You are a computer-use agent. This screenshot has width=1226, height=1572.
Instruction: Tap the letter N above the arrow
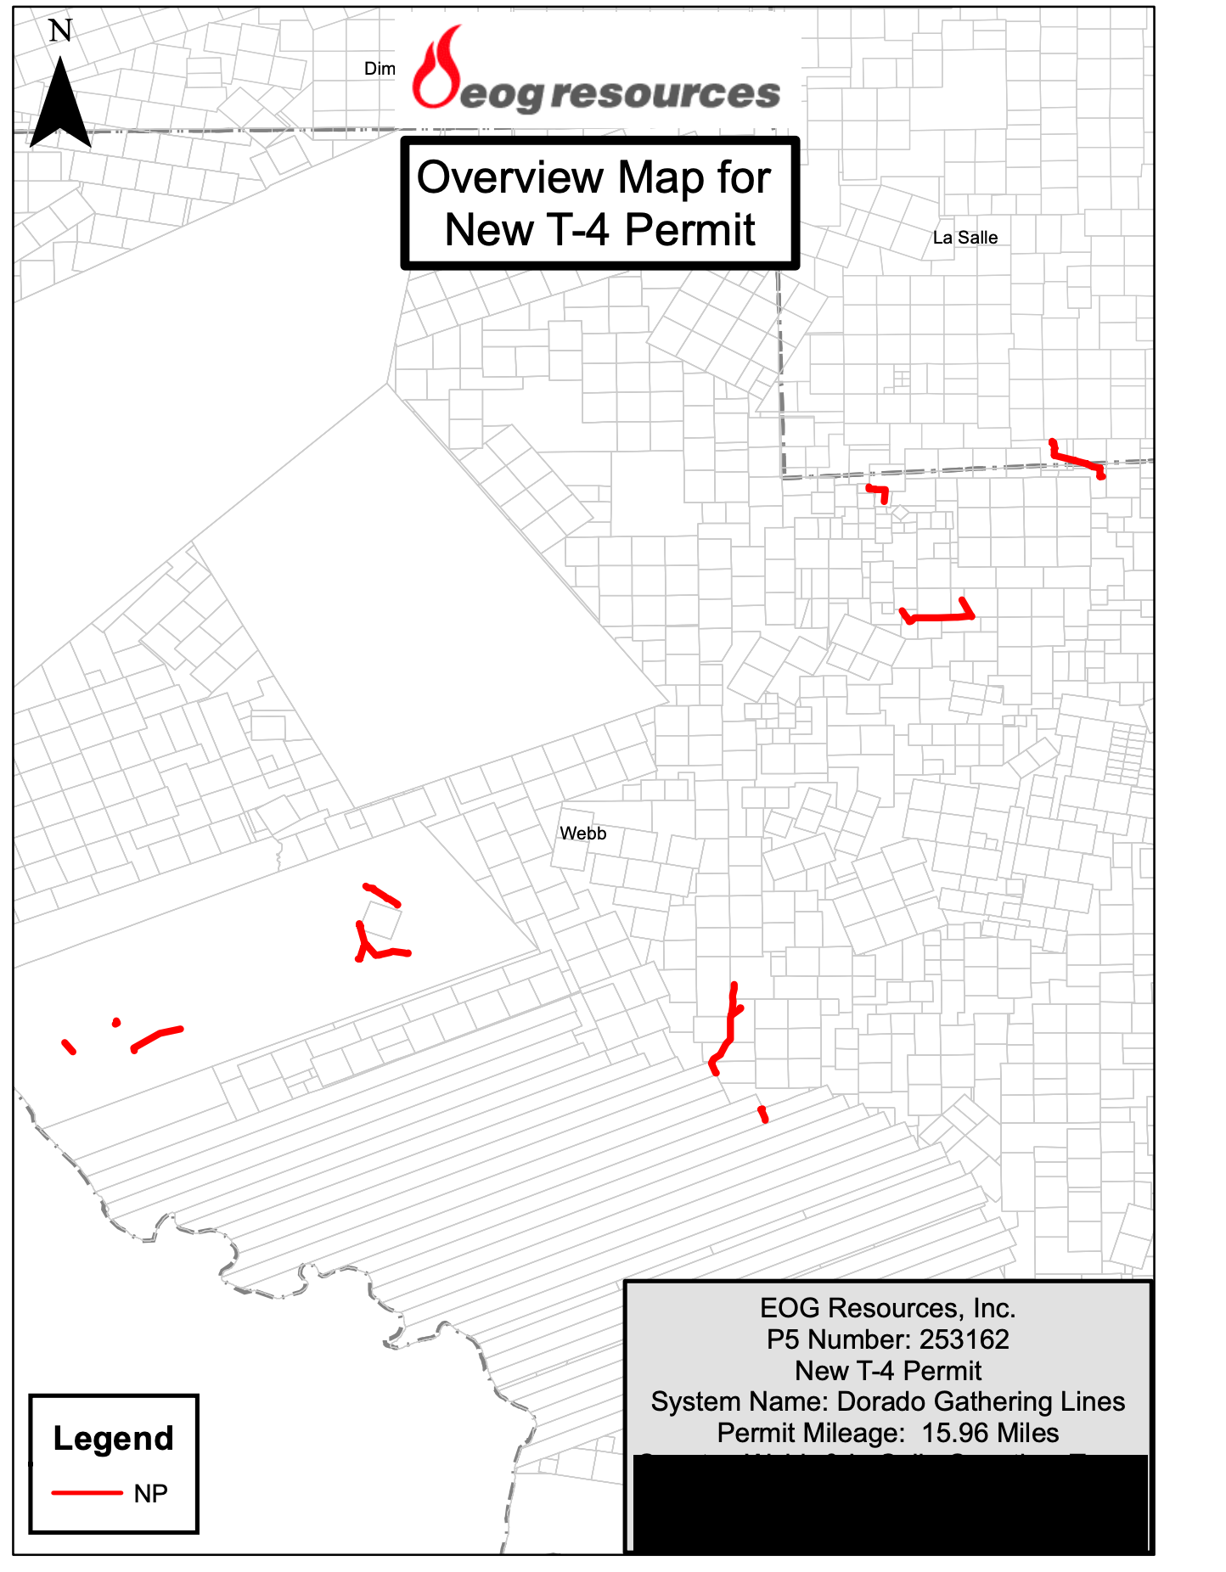click(x=60, y=31)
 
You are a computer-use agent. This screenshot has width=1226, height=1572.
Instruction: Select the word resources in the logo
click(x=665, y=93)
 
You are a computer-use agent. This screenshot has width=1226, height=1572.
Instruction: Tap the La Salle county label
click(x=964, y=238)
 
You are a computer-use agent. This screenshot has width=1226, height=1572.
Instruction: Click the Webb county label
click(x=582, y=834)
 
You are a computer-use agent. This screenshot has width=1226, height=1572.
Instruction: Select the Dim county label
click(x=380, y=69)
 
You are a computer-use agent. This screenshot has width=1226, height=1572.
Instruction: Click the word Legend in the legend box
click(x=113, y=1439)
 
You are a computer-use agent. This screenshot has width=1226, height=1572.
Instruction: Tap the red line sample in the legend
click(x=87, y=1492)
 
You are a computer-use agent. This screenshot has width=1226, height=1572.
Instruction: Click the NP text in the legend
click(x=150, y=1493)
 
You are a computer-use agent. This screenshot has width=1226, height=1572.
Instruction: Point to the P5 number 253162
click(x=964, y=1339)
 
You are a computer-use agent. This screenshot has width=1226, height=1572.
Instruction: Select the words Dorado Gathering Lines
click(x=981, y=1401)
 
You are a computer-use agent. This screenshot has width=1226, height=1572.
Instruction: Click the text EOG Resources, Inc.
click(x=887, y=1308)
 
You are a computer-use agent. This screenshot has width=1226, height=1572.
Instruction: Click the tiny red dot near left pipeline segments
click(x=116, y=1023)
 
